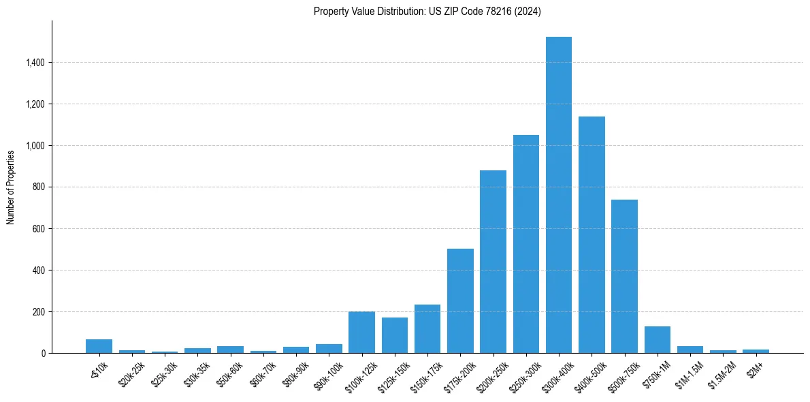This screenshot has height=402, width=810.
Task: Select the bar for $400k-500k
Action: point(592,235)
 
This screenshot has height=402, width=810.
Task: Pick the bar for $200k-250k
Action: point(493,262)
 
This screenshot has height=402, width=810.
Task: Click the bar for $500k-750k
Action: point(624,277)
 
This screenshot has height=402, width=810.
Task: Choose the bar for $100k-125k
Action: point(361,333)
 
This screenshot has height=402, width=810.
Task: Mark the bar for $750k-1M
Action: point(658,340)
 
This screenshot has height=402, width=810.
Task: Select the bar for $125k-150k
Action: point(395,335)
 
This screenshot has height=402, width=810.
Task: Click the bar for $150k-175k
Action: point(427,329)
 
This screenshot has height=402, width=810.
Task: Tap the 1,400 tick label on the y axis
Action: point(35,63)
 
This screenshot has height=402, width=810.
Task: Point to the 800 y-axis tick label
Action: point(39,187)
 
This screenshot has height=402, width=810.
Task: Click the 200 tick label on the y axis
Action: point(39,312)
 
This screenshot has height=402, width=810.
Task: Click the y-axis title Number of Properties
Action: point(11,187)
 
